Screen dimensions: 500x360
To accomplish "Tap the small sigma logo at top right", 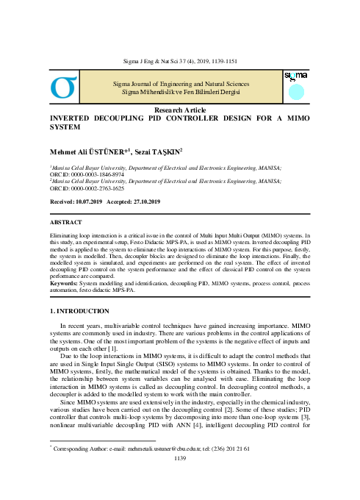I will (x=295, y=76).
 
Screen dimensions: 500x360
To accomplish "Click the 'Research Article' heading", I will (x=179, y=110).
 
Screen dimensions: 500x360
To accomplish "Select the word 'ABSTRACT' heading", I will (x=67, y=220).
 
